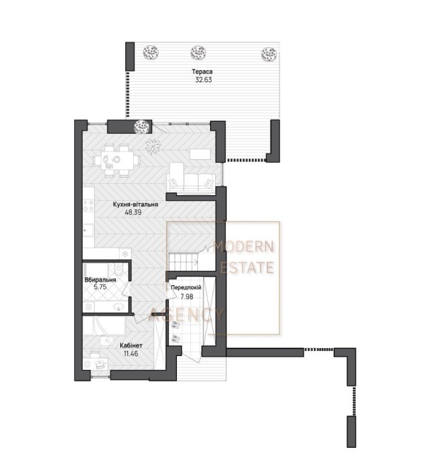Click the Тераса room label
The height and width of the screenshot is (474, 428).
[202, 72]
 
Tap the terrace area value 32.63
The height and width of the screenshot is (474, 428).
[204, 80]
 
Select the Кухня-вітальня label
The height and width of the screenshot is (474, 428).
[135, 204]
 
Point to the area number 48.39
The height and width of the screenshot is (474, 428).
[133, 212]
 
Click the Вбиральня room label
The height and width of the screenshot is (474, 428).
[100, 280]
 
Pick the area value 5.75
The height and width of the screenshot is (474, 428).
[100, 287]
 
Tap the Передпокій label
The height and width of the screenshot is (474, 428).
[186, 288]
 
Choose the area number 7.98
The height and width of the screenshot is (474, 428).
[187, 297]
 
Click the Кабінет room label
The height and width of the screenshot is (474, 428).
[131, 345]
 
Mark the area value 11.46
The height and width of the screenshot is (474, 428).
[131, 354]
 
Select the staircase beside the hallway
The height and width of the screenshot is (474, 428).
[183, 262]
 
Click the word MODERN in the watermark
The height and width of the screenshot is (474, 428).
[243, 247]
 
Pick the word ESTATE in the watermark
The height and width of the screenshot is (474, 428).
[247, 268]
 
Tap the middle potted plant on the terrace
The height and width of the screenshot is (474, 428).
[198, 53]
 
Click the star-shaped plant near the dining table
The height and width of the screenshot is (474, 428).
[154, 146]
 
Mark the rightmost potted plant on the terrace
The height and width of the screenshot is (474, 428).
[269, 54]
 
